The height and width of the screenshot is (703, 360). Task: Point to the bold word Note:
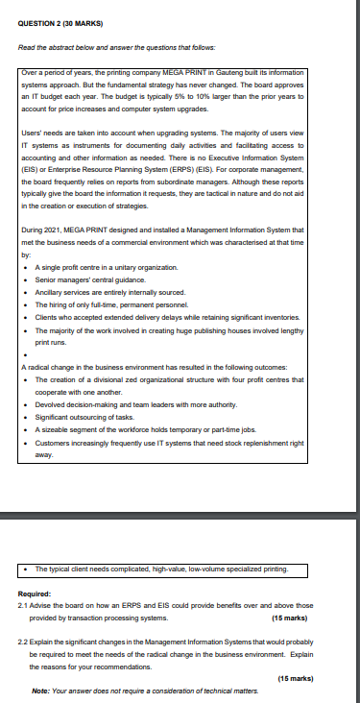[41, 689]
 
